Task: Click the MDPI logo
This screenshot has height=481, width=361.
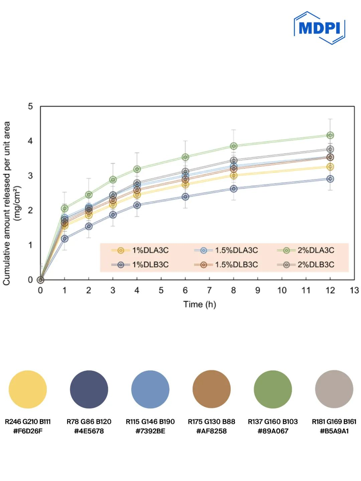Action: pos(319,28)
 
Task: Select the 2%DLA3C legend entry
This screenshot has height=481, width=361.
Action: pos(306,250)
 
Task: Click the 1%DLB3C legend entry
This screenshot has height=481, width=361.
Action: pos(140,265)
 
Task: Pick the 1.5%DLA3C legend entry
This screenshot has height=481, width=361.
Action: pos(226,250)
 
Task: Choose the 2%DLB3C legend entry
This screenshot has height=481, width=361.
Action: pos(306,265)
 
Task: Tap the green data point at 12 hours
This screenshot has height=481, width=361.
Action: pos(330,135)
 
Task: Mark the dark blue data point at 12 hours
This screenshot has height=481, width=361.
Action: pos(330,179)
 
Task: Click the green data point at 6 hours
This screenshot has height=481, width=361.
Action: pos(185,157)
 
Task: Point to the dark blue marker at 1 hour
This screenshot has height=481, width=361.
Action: pos(65,239)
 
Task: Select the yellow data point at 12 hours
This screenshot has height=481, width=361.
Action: pos(330,167)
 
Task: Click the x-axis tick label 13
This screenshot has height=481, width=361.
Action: pos(354,290)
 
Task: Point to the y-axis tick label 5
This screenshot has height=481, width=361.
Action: pos(30,107)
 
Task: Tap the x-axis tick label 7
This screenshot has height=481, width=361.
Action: pos(209,290)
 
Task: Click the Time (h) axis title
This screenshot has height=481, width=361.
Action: pos(200,305)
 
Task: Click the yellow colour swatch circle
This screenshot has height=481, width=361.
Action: pos(28,389)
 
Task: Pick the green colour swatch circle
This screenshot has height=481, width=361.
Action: pos(273,389)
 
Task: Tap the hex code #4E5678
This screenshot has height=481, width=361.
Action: pos(89,431)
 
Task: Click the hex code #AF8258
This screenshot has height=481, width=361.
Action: pos(211,431)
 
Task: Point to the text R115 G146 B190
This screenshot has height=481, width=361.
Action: pos(150,422)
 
